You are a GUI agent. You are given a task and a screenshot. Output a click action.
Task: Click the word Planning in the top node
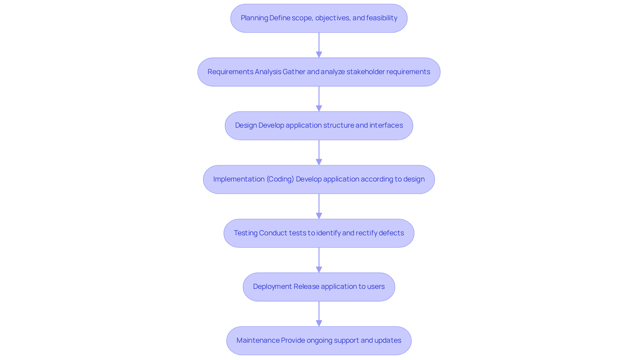(254, 18)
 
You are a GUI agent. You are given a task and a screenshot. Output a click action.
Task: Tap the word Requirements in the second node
(230, 72)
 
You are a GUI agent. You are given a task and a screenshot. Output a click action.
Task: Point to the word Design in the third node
(246, 125)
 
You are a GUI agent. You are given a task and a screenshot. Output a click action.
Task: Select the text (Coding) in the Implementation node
(280, 179)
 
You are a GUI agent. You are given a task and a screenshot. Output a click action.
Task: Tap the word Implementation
(239, 179)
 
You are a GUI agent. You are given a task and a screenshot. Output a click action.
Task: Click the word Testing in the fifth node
(246, 233)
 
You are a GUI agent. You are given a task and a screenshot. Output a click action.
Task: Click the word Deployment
(272, 287)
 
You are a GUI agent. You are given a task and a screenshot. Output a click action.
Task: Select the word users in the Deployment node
(375, 287)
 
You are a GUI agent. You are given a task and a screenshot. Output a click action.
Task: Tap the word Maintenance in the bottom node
(258, 340)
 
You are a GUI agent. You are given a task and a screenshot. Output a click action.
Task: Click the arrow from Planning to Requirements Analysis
(319, 45)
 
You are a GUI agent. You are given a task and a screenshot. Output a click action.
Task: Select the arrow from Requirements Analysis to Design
(319, 99)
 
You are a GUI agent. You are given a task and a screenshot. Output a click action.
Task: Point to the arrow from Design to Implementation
(319, 152)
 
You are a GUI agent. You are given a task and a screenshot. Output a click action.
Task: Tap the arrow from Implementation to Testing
(319, 206)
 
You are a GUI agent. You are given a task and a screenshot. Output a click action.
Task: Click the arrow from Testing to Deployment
(319, 260)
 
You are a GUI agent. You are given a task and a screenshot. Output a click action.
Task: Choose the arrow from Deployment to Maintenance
(319, 313)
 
